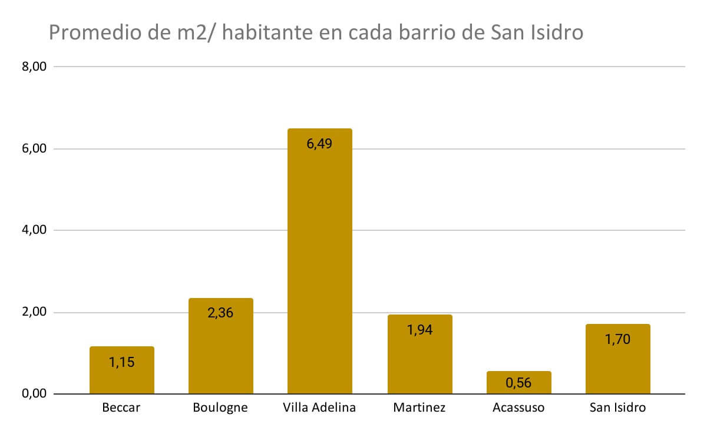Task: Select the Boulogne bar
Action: pos(220,353)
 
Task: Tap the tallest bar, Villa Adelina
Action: pos(319,265)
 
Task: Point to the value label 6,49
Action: pos(319,143)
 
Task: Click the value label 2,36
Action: pos(220,313)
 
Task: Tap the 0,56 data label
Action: pos(518,383)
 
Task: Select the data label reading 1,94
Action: pos(419,330)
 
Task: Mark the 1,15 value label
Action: pos(121,362)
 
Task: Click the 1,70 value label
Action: pos(617,339)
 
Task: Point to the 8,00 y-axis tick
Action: pos(34,67)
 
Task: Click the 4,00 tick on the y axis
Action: pos(34,230)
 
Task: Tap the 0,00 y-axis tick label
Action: pos(34,394)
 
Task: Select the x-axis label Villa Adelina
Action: pos(319,408)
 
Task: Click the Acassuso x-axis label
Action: pos(518,408)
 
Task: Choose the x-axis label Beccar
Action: pos(121,408)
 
